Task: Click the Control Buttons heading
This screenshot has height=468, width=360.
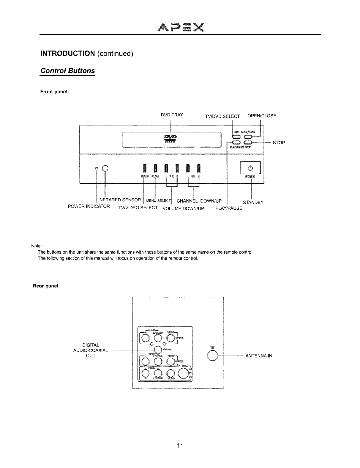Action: [67, 71]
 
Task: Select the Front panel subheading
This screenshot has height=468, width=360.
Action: [54, 92]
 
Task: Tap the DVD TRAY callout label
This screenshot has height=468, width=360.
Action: [172, 115]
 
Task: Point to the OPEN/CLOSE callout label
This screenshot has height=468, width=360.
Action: [262, 116]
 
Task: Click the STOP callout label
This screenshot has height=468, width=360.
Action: [279, 143]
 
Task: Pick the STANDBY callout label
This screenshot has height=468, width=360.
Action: [253, 203]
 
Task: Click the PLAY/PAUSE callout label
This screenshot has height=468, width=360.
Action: [229, 208]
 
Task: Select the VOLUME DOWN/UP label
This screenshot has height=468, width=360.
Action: [183, 208]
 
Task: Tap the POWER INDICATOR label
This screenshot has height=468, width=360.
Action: [89, 206]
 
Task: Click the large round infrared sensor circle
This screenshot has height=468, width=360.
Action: [105, 168]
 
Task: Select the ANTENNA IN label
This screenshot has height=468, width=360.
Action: [259, 356]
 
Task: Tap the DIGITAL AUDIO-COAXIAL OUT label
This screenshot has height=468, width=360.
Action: [91, 350]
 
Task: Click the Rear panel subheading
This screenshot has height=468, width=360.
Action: [45, 286]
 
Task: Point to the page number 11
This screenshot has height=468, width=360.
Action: [180, 446]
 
